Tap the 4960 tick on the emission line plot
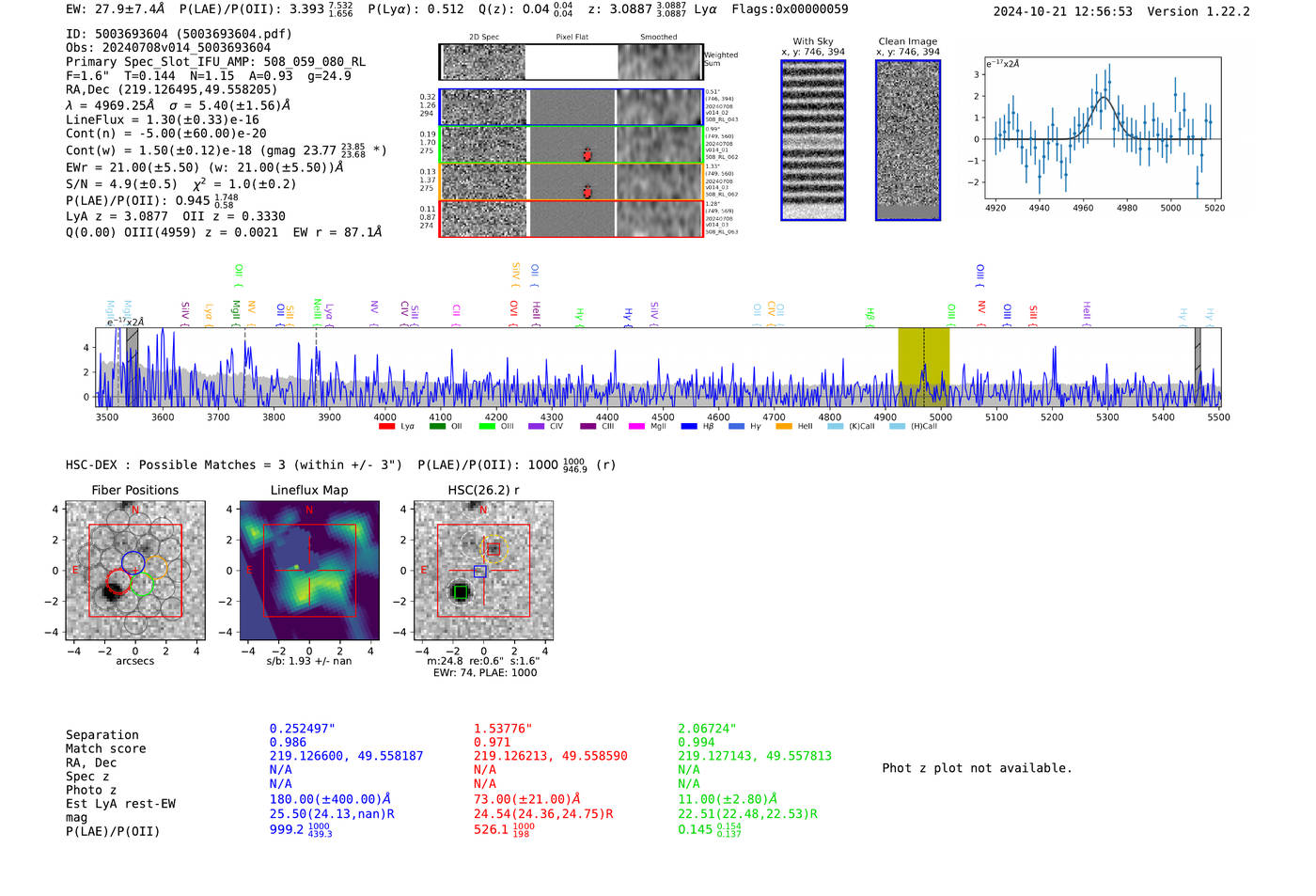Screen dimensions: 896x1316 pos(1083,208)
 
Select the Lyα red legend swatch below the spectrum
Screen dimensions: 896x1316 pos(386,427)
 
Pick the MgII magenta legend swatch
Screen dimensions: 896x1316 pos(636,427)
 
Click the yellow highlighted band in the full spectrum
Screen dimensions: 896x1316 pos(923,367)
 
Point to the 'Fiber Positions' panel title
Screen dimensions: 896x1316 pos(134,490)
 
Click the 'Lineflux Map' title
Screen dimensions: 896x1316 pos(309,490)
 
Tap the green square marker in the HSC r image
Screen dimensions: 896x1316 pos(460,592)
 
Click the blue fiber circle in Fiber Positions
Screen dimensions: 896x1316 pos(133,563)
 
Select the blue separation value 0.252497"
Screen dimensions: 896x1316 pos(302,729)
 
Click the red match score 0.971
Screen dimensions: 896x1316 pos(492,742)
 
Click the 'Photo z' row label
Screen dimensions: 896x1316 pos(91,790)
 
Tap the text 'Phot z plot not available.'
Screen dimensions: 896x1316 pos(977,768)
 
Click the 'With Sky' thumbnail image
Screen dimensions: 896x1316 pos(813,140)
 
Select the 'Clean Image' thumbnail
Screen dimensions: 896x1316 pos(908,140)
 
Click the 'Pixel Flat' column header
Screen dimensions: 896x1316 pos(572,38)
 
